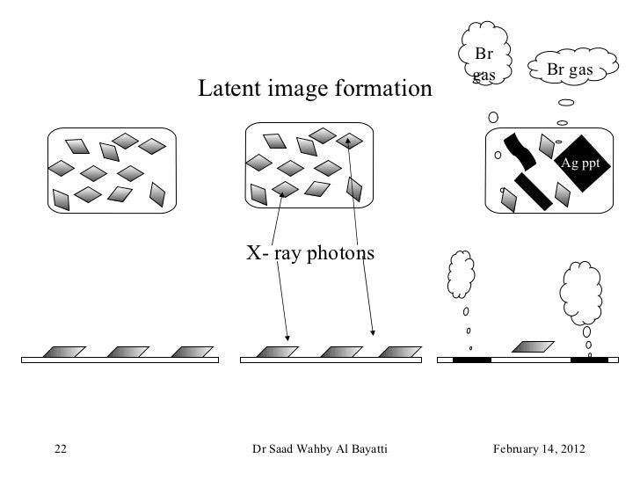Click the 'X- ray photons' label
pyautogui.click(x=310, y=253)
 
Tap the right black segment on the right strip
pyautogui.click(x=588, y=359)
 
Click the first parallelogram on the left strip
pyautogui.click(x=64, y=352)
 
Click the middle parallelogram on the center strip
pyautogui.click(x=336, y=352)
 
